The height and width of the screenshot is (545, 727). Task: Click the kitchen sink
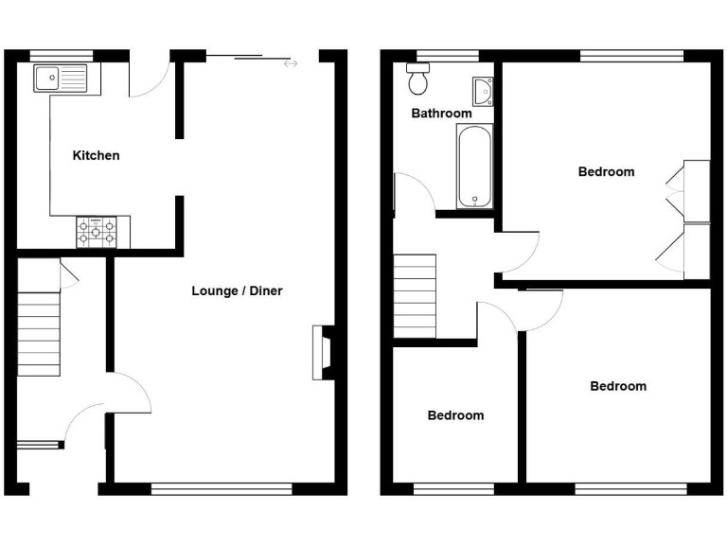[59, 78]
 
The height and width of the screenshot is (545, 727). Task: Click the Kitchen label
[97, 155]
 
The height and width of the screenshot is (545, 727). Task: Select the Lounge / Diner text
[237, 290]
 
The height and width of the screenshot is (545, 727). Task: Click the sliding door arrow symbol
[290, 63]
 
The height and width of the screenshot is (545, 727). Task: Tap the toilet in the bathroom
[417, 80]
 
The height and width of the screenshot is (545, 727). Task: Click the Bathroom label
[441, 114]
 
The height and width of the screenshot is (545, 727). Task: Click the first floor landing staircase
[415, 295]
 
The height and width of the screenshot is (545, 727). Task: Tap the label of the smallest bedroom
[455, 415]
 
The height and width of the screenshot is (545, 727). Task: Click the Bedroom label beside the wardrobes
[606, 171]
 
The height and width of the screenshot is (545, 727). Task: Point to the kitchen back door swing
[150, 80]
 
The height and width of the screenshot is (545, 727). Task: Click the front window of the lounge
[222, 489]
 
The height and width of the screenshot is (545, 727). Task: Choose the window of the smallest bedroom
[453, 489]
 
